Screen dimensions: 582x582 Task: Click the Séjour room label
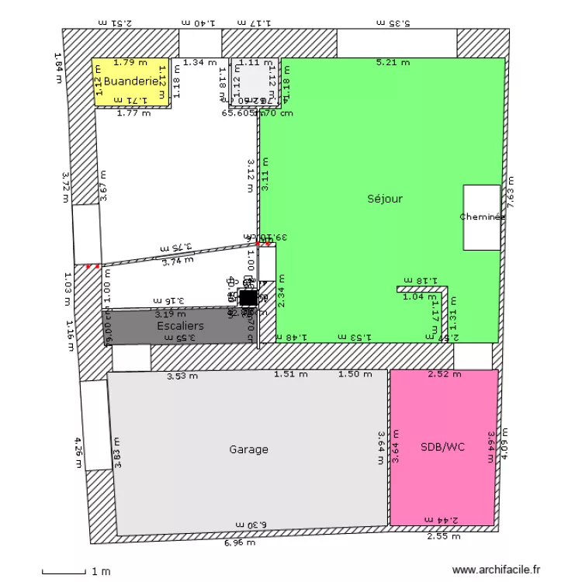coord(385,199)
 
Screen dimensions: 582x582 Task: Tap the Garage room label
coord(248,449)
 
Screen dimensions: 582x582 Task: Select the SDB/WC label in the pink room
coord(442,448)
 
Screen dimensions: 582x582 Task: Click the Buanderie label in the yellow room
coord(130,81)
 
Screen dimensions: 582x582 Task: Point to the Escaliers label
coord(180,326)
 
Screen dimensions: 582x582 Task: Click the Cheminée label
coord(482,217)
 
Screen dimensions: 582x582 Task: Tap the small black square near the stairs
coord(248,298)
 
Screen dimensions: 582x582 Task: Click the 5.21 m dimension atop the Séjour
coord(392,63)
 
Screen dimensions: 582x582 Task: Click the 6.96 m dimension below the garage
coord(240,542)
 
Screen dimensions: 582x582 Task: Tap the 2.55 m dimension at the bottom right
coord(444,536)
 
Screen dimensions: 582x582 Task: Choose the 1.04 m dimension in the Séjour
coord(419,296)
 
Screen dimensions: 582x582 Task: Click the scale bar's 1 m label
coord(100,572)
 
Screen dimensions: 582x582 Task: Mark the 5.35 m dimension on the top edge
coord(395,23)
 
